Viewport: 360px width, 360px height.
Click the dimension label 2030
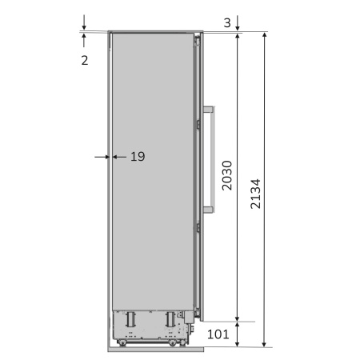click(227, 175)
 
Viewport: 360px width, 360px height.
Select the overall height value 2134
click(255, 194)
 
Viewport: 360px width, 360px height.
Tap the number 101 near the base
click(218, 334)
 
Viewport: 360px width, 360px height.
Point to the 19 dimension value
click(138, 157)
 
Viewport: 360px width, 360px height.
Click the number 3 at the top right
click(227, 22)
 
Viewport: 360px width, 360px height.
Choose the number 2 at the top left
click(85, 61)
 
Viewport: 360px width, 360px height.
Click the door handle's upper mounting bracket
click(209, 110)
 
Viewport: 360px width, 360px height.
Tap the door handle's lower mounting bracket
click(209, 210)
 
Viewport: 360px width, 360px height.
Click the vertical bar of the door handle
click(213, 159)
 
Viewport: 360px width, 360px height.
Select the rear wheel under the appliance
click(122, 342)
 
